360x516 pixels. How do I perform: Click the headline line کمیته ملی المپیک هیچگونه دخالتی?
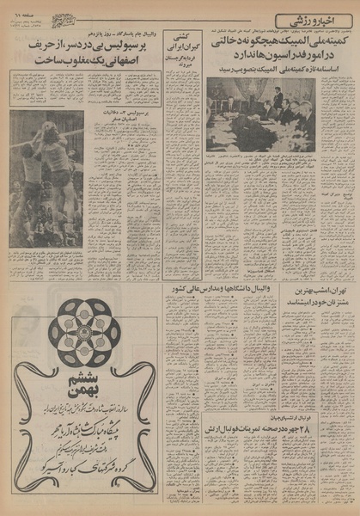pos(274,41)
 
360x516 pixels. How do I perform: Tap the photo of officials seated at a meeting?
pos(259,114)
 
